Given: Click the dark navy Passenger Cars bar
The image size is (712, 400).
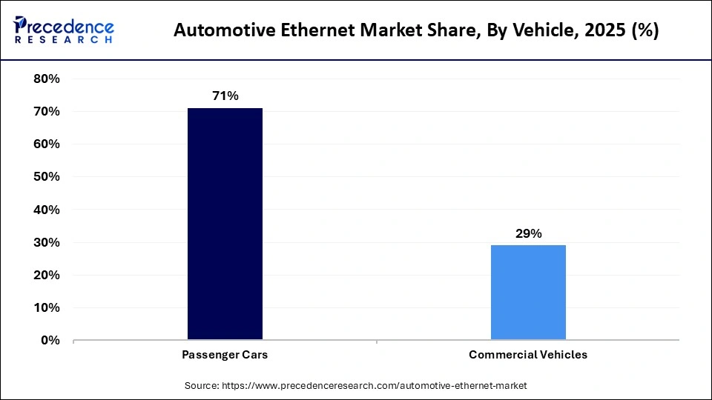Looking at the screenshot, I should [x=225, y=224].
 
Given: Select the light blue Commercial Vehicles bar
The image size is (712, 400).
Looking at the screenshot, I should [x=528, y=293].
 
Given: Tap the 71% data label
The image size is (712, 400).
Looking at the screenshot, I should [x=225, y=96].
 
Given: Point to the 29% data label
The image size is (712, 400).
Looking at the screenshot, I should [x=528, y=233].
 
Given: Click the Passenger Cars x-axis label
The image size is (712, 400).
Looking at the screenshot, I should [x=225, y=355].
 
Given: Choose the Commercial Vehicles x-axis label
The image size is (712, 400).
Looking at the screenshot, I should [x=528, y=355].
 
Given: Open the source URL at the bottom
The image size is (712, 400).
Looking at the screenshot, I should [x=374, y=386].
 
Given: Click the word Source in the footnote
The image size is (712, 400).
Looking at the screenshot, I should [x=201, y=386].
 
